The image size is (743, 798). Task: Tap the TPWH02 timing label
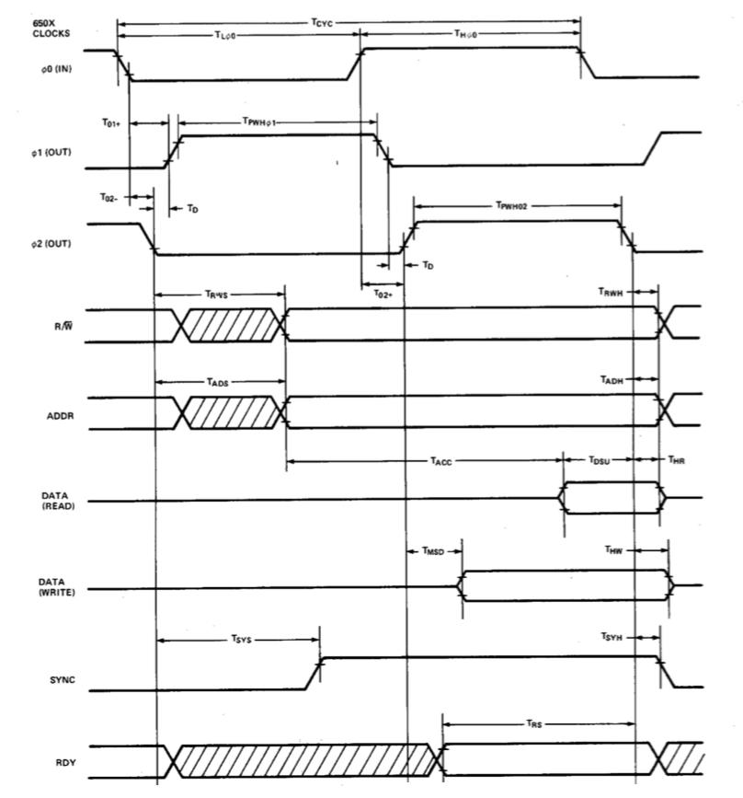click(514, 206)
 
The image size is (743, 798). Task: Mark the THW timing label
click(614, 549)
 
